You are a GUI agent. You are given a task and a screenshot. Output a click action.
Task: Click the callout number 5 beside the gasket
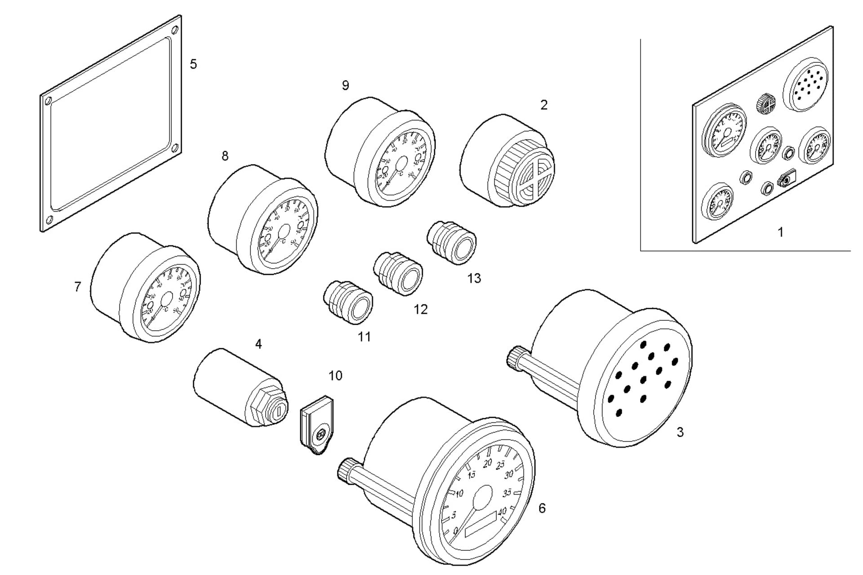tap(193, 64)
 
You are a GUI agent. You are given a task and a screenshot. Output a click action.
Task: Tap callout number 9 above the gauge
tap(345, 85)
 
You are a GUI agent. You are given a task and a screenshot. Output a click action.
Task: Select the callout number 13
tap(474, 279)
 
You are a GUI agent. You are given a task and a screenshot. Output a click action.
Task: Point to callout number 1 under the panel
tap(781, 232)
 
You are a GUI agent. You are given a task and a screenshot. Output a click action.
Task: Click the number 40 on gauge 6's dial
tap(502, 511)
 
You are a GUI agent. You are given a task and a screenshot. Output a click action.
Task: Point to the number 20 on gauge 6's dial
tap(487, 463)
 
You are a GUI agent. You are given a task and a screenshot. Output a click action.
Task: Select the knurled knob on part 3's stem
tap(516, 357)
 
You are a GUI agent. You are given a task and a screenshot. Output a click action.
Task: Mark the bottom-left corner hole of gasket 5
tap(49, 220)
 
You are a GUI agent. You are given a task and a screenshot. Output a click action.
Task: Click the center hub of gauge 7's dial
tap(166, 300)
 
